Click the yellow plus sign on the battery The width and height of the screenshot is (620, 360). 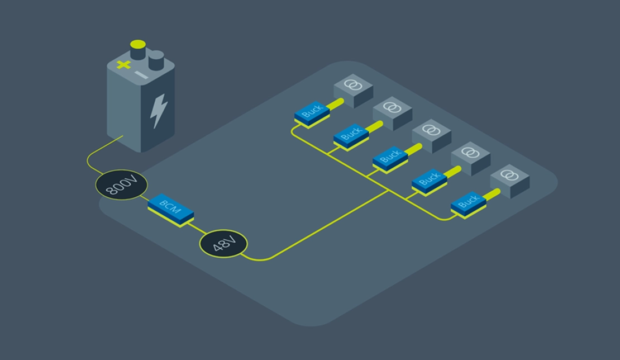(x=123, y=65)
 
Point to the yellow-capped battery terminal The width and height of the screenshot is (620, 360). (x=137, y=49)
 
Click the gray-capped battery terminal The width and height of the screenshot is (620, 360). (x=156, y=59)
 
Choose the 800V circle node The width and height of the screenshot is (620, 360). (x=121, y=185)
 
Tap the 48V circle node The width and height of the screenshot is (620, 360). (x=223, y=244)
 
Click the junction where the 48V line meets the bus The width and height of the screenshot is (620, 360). (x=389, y=191)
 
